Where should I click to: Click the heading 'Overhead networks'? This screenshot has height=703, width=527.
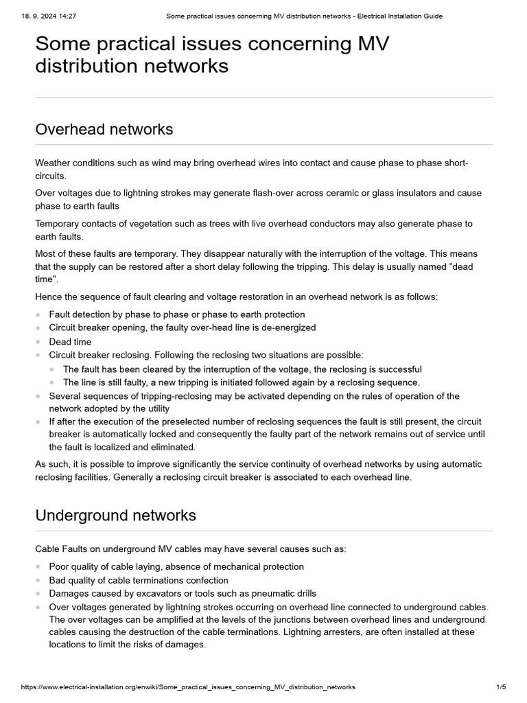coord(104,129)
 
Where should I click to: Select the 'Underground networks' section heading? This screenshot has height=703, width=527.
coord(115,515)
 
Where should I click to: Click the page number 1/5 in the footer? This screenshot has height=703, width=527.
coord(500,687)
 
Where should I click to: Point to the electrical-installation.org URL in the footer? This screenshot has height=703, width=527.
coord(188,687)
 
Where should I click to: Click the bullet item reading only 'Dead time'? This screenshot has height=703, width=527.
coord(70,341)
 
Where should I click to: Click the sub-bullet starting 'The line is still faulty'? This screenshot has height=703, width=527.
coord(241,382)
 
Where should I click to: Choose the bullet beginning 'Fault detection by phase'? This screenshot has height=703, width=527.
coord(176,314)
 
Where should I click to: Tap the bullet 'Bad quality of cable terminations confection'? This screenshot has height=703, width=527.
coord(139,580)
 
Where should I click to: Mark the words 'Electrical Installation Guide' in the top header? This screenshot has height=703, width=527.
coord(399,16)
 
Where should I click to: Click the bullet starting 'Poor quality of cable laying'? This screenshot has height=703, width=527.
coord(176,566)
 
